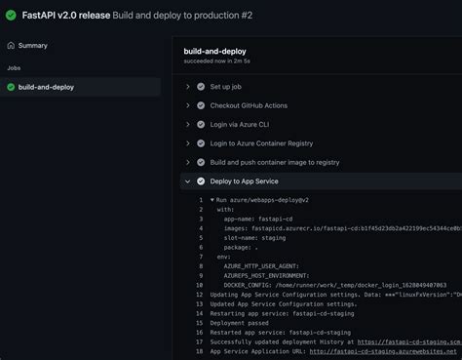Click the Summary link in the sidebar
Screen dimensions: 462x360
pos(32,45)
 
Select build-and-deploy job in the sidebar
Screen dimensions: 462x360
pos(46,87)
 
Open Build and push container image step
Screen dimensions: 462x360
pos(274,162)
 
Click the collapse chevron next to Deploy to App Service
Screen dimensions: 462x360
pos(186,181)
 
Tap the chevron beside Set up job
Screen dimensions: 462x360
pos(186,87)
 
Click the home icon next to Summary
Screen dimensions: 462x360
pos(11,45)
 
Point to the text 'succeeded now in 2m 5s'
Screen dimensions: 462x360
pos(229,60)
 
